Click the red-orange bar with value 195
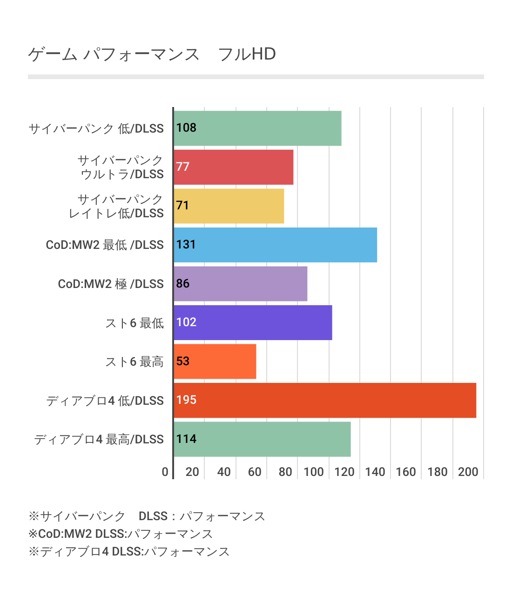[x=325, y=400]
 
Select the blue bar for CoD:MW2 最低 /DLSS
[x=275, y=245]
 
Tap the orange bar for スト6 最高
[x=215, y=361]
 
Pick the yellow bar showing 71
[x=229, y=206]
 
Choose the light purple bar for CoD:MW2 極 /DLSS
[x=241, y=284]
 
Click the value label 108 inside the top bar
[x=186, y=128]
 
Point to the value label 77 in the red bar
[x=183, y=167]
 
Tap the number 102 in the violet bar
[x=186, y=322]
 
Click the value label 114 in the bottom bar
[x=186, y=439]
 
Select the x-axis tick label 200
[x=468, y=472]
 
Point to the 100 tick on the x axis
[x=313, y=472]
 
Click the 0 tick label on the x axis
[x=165, y=472]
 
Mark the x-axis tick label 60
[x=254, y=472]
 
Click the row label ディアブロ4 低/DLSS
[x=105, y=401]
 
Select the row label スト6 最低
[x=135, y=323]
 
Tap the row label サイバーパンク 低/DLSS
[x=96, y=128]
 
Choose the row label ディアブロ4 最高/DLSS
[x=99, y=440]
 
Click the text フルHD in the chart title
[x=247, y=54]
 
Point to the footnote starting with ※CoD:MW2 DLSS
[x=121, y=534]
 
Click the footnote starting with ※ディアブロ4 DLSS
[x=129, y=552]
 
